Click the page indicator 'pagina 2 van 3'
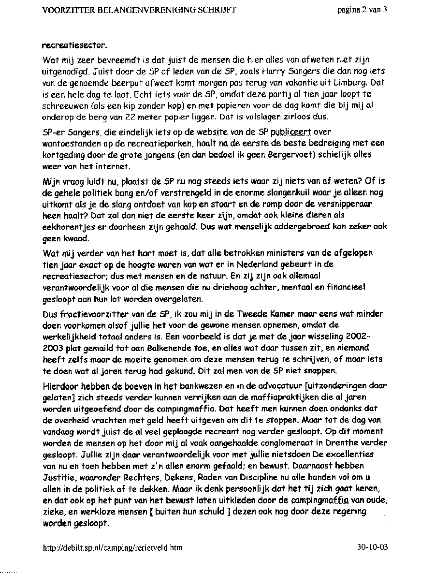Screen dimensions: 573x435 tap(362, 10)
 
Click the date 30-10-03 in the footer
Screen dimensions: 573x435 tap(373, 548)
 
